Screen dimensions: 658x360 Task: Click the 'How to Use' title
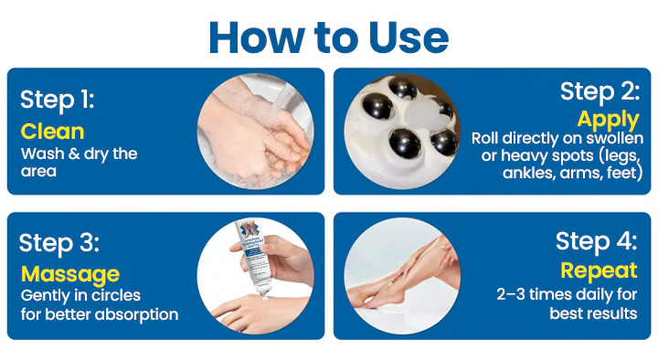329,37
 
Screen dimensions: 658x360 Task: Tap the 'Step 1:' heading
58,101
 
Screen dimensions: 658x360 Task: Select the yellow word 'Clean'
52,132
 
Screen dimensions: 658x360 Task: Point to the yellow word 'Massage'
70,275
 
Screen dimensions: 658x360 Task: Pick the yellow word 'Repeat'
599,271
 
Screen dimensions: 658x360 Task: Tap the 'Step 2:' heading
600,92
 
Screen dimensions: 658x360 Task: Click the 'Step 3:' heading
59,243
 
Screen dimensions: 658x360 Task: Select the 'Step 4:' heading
596,242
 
